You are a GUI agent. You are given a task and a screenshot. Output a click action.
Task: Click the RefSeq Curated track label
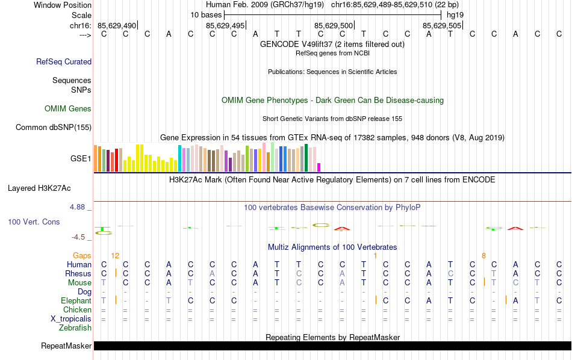coord(64,61)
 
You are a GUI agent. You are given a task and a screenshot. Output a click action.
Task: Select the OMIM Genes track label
coord(68,109)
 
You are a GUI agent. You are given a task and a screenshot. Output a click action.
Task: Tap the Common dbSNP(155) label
coord(54,127)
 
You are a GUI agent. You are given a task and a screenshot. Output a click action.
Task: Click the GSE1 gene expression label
coord(81,159)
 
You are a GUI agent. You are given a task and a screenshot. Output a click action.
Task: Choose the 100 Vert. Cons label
coord(34,222)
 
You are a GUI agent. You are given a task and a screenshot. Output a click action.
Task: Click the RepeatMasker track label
coord(66,346)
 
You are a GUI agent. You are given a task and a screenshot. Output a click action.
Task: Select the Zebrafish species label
coord(75,328)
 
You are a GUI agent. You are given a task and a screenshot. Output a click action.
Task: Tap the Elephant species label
coord(76,300)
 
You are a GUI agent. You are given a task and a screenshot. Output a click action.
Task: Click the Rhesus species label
coord(78,273)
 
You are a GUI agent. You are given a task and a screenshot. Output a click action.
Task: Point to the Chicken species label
coord(77,309)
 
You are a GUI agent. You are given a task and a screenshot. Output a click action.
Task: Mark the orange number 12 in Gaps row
coord(115,256)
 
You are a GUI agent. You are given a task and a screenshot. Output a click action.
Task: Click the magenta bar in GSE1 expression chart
coord(319,167)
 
